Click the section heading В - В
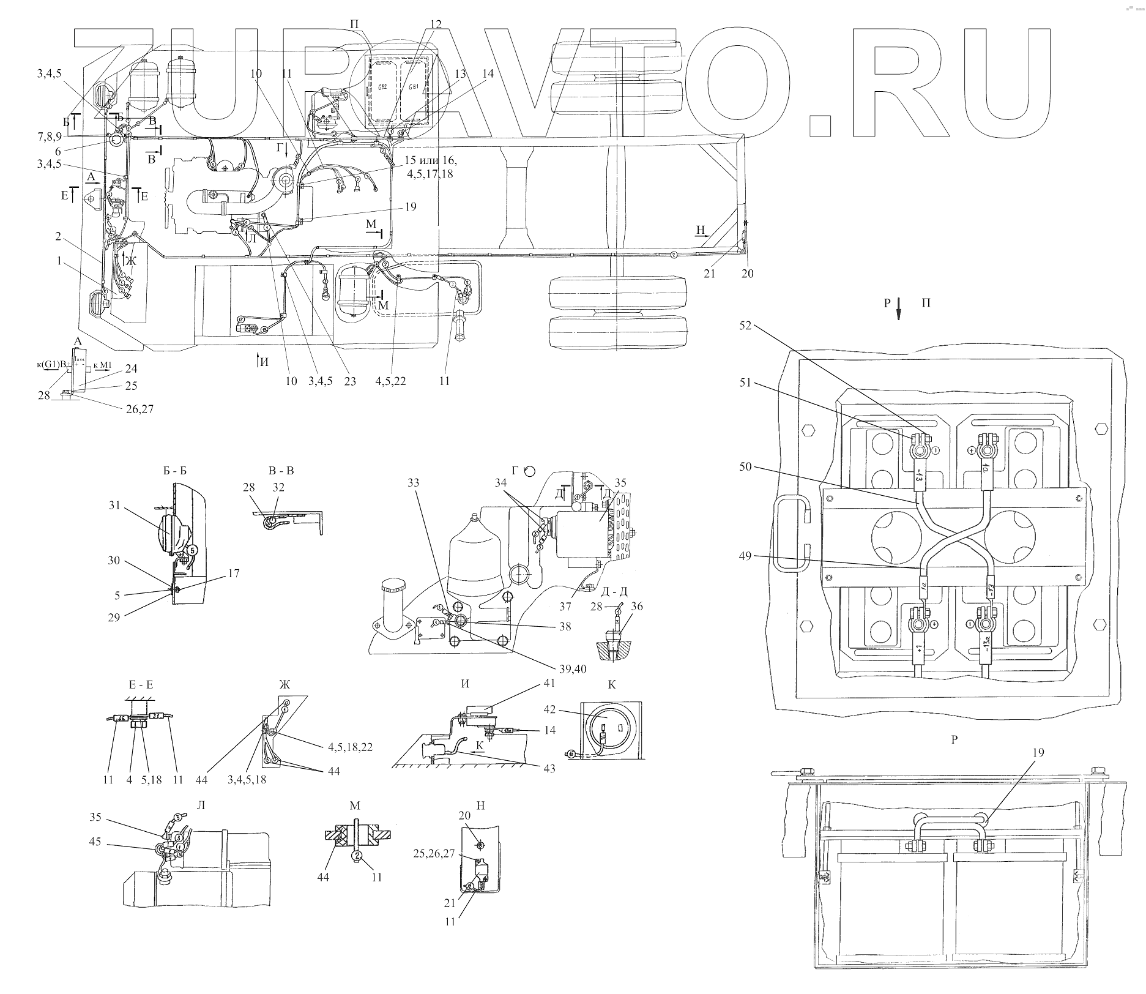[281, 471]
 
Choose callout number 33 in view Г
[414, 483]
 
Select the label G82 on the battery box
[383, 86]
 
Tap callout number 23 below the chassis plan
[350, 381]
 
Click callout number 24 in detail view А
[131, 368]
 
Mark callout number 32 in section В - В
[279, 488]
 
